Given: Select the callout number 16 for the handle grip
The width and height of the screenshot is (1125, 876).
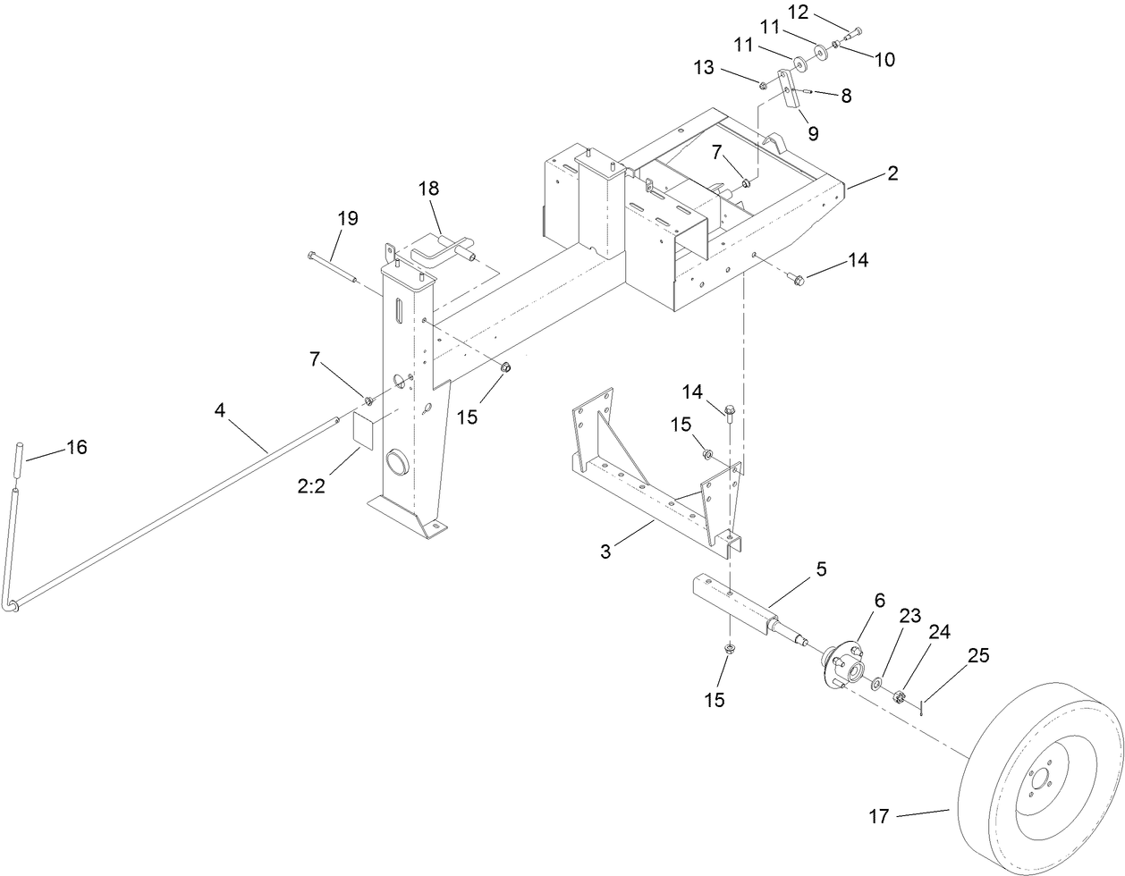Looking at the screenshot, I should pos(77,447).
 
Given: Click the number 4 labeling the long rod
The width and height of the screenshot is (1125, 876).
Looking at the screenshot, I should pos(220,410).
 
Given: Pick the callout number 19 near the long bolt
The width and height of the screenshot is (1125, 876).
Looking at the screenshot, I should pos(347,218).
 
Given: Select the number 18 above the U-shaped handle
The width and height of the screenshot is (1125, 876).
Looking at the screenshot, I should pos(428,189).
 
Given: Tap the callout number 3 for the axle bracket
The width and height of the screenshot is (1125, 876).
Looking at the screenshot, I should pos(605,552).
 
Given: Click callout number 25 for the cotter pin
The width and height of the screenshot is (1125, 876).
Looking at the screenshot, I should pos(978,655).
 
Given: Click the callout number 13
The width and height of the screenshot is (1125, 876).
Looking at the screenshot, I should pos(703,67).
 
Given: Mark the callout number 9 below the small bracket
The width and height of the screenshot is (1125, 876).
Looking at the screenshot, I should pos(812,134).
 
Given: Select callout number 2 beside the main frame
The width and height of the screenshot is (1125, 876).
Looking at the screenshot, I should pos(892,173).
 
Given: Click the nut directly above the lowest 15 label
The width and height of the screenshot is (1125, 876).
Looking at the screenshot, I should pos(729,648).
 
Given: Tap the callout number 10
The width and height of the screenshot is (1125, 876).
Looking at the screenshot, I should pos(884,60).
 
